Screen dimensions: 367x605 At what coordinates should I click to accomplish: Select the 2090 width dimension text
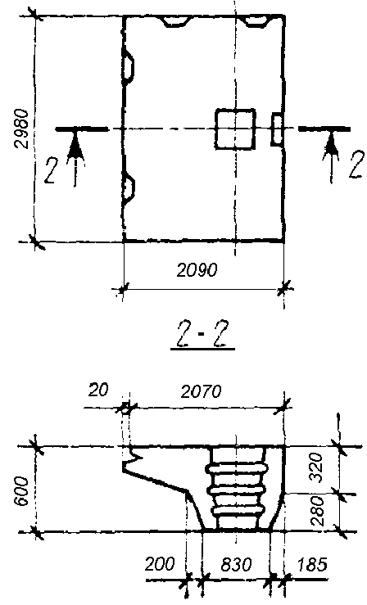point(197,270)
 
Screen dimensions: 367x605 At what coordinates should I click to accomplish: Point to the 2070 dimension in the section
point(201,392)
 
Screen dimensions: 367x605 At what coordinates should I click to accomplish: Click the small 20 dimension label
point(98,390)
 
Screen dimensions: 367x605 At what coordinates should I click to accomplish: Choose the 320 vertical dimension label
point(316,467)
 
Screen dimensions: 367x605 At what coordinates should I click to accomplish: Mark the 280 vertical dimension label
point(316,511)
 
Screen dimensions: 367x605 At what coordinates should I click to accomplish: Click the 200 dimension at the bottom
point(160,565)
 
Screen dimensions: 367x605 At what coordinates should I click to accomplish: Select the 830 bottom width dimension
point(236,565)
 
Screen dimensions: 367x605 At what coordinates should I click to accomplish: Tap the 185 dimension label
point(312,565)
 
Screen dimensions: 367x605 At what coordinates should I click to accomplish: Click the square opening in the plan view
point(235,129)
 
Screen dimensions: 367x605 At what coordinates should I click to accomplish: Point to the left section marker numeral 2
point(50,169)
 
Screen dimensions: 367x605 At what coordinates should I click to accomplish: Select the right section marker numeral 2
point(356,165)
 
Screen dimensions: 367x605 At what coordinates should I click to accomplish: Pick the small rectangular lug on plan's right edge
point(277,129)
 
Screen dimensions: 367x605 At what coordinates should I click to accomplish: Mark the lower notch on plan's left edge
point(129,187)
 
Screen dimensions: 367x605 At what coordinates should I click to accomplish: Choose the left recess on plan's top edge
point(176,21)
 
